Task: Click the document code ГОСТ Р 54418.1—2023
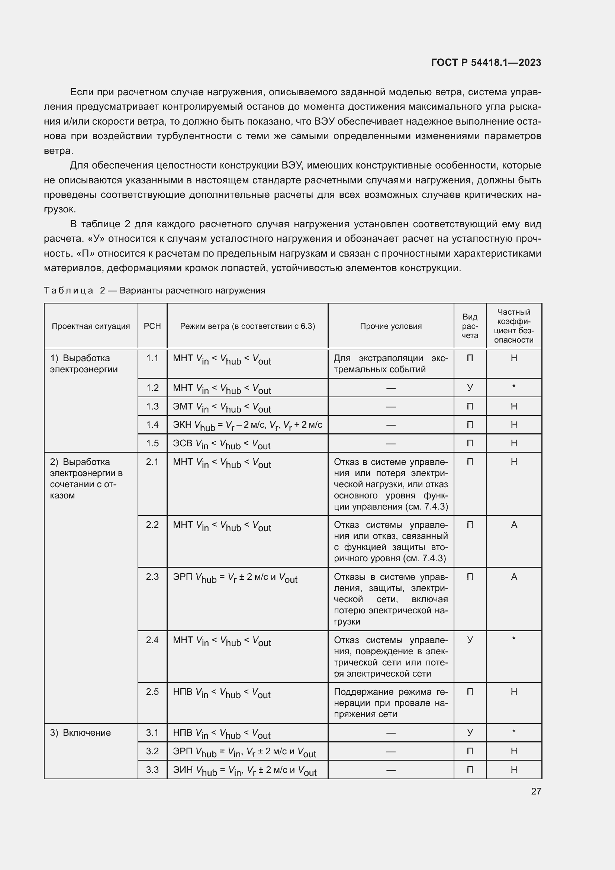point(486,62)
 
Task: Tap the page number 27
point(536,791)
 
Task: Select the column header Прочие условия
point(390,326)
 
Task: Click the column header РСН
point(152,326)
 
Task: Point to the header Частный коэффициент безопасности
point(513,326)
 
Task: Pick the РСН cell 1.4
point(152,425)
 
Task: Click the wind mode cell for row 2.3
point(235,578)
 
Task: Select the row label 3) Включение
point(80,732)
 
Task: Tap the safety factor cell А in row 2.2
point(513,525)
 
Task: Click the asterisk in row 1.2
point(513,387)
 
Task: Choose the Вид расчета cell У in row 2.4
point(470,640)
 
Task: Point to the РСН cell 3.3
point(152,770)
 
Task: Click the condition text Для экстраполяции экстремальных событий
point(390,364)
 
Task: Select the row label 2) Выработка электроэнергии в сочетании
point(86,479)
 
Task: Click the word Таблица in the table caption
point(68,290)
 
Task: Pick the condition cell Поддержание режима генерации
point(390,703)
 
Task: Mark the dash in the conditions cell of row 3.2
point(390,751)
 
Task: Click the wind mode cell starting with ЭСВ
point(222,444)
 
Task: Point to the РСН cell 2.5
point(152,692)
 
